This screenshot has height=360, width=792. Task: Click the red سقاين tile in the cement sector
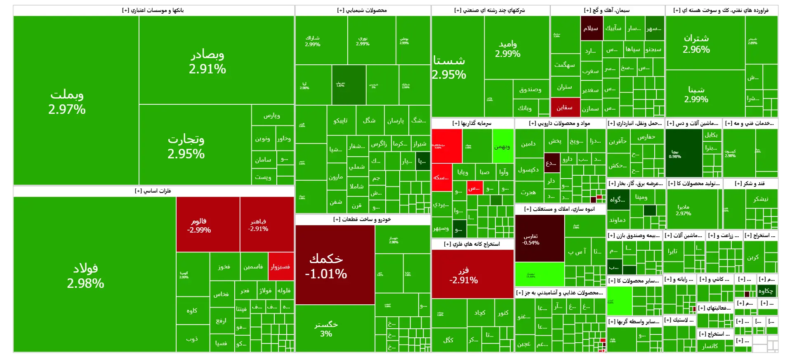[x=565, y=107]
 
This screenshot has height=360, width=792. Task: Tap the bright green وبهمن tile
[x=502, y=146]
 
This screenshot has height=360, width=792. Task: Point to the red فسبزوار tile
[x=280, y=266]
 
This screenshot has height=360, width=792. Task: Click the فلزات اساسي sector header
[x=153, y=191]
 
